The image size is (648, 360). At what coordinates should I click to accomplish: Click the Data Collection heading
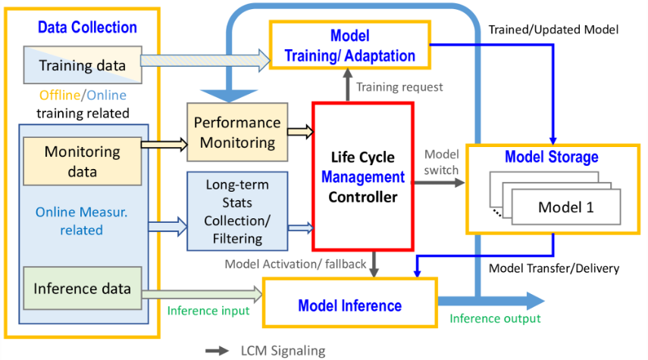point(87,28)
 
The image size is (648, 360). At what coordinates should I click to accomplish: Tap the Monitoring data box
point(81,161)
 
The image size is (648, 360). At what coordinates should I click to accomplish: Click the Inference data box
point(82,289)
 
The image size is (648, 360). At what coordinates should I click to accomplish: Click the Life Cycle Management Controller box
point(362,176)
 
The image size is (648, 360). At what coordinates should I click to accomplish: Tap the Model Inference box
point(349,305)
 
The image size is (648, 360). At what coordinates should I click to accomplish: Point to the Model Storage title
point(552,158)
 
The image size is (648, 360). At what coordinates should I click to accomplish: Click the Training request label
point(399,87)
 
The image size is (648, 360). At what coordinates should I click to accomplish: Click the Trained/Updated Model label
point(554,30)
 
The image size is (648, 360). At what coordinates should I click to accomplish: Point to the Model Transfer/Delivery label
point(554,268)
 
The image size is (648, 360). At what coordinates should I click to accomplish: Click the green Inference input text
point(208,310)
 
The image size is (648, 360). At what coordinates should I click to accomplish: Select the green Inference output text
point(496,318)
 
